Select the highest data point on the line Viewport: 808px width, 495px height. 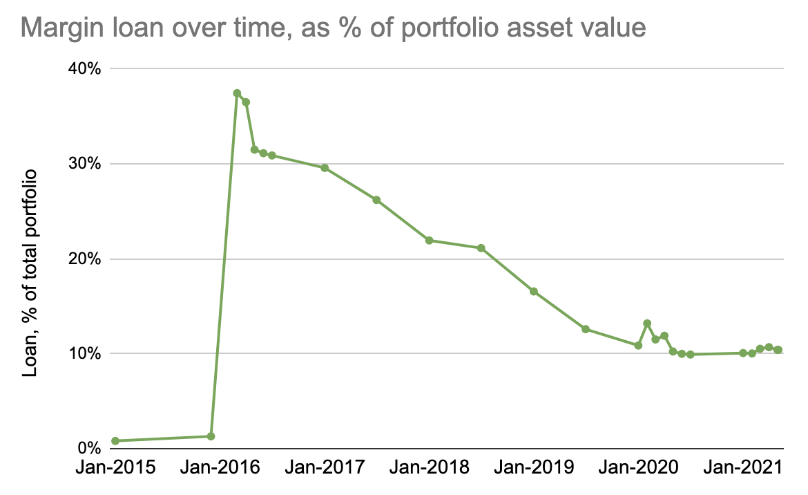237,93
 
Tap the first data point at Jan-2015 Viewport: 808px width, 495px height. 115,440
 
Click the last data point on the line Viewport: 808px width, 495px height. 778,350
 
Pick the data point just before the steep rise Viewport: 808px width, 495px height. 211,436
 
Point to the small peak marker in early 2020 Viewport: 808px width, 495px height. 647,324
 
